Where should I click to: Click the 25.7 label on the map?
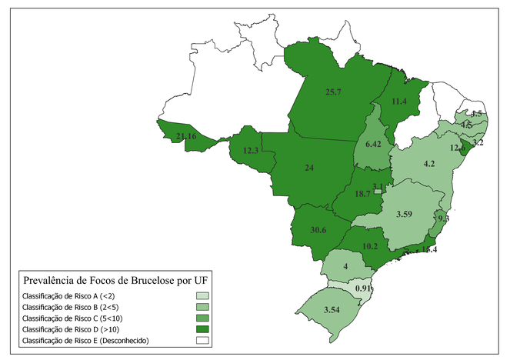coord(333,92)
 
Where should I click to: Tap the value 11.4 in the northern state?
coord(398,102)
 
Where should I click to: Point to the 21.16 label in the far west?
coord(186,137)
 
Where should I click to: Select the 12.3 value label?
coord(250,151)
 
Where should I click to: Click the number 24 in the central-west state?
coord(309,168)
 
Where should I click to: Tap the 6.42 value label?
coord(374,145)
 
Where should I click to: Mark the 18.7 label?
coord(362,194)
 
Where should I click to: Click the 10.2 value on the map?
coord(369,246)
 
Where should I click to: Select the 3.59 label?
coord(405,213)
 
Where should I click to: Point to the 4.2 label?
coord(429,163)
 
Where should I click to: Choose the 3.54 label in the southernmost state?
coord(332,309)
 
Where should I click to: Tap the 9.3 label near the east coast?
coord(443,219)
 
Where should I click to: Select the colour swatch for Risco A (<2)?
coord(203,295)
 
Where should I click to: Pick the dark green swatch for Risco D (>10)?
coord(203,328)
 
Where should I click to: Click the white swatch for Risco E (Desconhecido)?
coord(203,339)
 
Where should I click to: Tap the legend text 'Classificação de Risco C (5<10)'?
coord(74,318)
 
